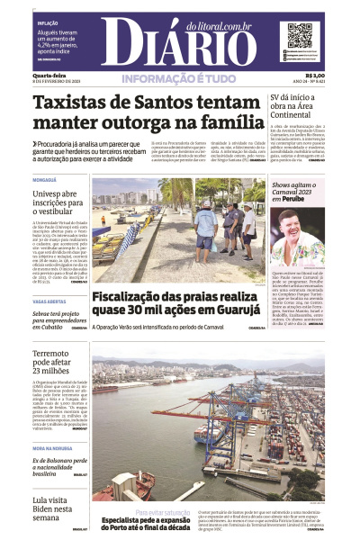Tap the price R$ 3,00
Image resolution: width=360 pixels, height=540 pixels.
(315, 76)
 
